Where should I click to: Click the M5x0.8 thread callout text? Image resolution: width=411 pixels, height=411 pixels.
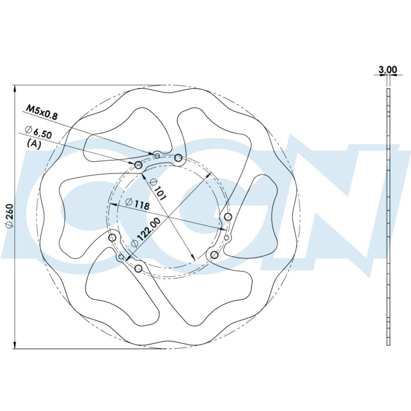(x=42, y=111)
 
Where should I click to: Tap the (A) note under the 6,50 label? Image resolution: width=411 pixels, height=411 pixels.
(x=34, y=144)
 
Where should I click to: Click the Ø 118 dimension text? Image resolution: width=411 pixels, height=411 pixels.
(x=137, y=203)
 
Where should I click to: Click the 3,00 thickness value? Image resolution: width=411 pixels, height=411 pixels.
(x=388, y=69)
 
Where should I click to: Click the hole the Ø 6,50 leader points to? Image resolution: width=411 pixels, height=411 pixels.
(x=138, y=165)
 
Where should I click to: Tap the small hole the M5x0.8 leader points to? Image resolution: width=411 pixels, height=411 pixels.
(x=157, y=156)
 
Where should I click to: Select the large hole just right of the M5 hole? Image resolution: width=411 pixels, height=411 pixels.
(x=178, y=158)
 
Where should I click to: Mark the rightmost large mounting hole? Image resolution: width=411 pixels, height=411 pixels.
(x=228, y=217)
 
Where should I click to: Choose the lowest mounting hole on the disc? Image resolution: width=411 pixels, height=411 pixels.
(x=138, y=268)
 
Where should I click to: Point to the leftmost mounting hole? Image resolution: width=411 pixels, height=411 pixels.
(x=113, y=237)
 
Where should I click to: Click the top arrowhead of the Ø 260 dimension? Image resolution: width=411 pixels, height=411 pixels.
(x=15, y=88)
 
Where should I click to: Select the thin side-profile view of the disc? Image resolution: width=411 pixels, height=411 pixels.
(x=388, y=217)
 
